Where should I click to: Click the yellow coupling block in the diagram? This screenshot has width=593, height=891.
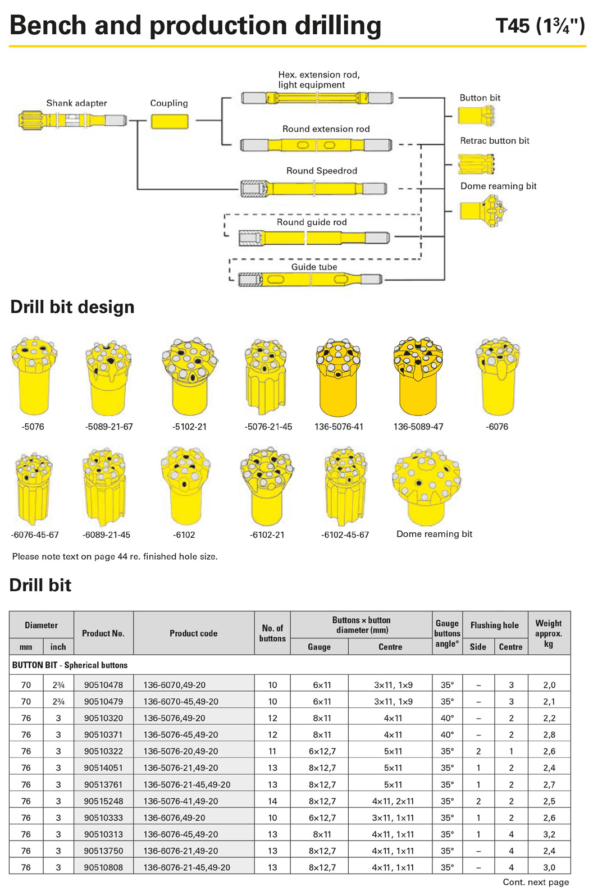coord(170,121)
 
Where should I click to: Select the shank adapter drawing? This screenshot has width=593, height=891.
coord(73,120)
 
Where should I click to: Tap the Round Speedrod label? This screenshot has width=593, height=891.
coord(322,171)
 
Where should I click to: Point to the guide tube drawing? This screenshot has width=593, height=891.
coord(310,279)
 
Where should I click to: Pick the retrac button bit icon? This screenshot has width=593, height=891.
coord(476,164)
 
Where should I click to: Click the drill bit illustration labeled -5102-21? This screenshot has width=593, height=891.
coord(190,377)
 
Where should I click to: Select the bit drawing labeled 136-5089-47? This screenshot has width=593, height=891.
coord(418,376)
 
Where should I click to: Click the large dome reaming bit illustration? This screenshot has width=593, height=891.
coord(426,486)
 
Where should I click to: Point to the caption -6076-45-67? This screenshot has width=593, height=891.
coord(35,535)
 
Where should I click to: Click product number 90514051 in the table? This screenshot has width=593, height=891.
coord(103,767)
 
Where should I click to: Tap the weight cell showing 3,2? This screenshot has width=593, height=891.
coord(549,834)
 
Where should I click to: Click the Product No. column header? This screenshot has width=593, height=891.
coord(103,633)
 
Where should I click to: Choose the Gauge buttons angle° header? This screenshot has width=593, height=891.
coord(448,633)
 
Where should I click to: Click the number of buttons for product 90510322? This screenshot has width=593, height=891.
coord(272,751)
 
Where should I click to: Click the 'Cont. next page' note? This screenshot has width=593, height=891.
coord(536,882)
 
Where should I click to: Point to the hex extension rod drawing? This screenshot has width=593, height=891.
coord(317,98)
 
